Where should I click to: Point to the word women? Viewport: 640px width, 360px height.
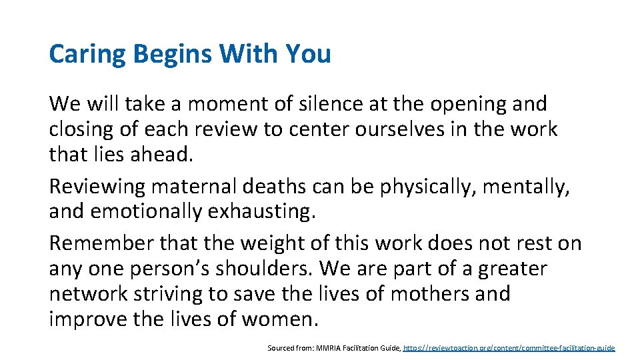[x=279, y=319]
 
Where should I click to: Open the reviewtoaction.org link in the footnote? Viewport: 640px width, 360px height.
[x=509, y=348]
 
